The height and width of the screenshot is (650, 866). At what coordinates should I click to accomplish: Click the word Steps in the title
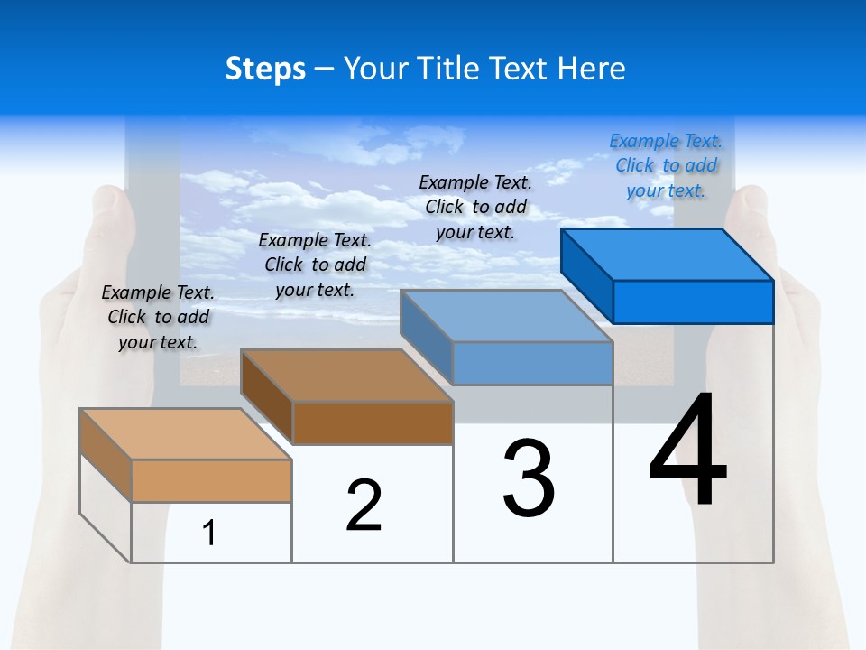[x=265, y=70]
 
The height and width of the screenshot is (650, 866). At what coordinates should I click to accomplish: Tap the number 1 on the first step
[x=209, y=534]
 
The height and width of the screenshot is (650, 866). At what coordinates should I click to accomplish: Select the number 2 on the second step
[x=364, y=506]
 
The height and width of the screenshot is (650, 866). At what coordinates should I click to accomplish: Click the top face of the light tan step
[x=185, y=434]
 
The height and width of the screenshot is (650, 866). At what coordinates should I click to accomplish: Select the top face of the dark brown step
[x=346, y=376]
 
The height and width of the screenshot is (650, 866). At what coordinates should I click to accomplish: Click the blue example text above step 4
[x=666, y=165]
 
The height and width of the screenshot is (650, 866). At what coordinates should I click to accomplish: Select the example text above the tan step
[x=158, y=317]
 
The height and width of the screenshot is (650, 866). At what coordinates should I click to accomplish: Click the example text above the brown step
[x=315, y=265]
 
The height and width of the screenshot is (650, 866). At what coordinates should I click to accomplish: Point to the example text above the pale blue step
[x=475, y=207]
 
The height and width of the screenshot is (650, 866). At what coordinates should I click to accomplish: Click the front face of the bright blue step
[x=693, y=302]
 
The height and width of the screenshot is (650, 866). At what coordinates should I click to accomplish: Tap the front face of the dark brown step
[x=373, y=422]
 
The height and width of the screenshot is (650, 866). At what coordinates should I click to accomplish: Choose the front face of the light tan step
[x=211, y=480]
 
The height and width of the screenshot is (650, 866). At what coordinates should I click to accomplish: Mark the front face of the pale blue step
[x=532, y=363]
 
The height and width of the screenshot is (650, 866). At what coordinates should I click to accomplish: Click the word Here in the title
[x=592, y=70]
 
